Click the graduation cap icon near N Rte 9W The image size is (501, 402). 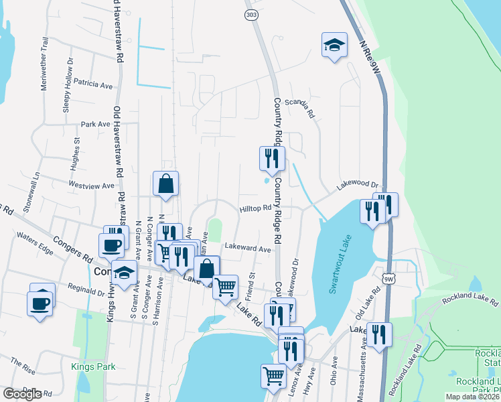[334, 45]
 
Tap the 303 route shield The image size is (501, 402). [250, 14]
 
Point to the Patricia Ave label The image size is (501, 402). [94, 85]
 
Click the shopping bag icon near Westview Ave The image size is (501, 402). [165, 184]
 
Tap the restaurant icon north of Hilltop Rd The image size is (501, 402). [272, 158]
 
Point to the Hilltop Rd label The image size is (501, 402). [255, 208]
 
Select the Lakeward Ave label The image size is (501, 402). [247, 248]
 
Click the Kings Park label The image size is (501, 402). [93, 366]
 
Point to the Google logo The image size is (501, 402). [21, 394]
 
